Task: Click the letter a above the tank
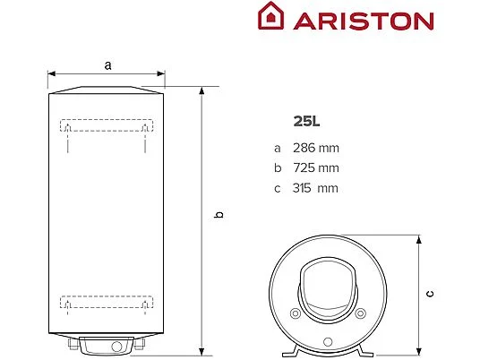(107, 64)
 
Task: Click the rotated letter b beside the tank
(218, 215)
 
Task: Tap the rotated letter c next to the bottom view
(430, 292)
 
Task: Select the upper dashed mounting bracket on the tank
(106, 126)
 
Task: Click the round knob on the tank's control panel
(116, 347)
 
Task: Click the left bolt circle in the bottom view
(295, 313)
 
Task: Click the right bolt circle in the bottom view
(361, 313)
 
